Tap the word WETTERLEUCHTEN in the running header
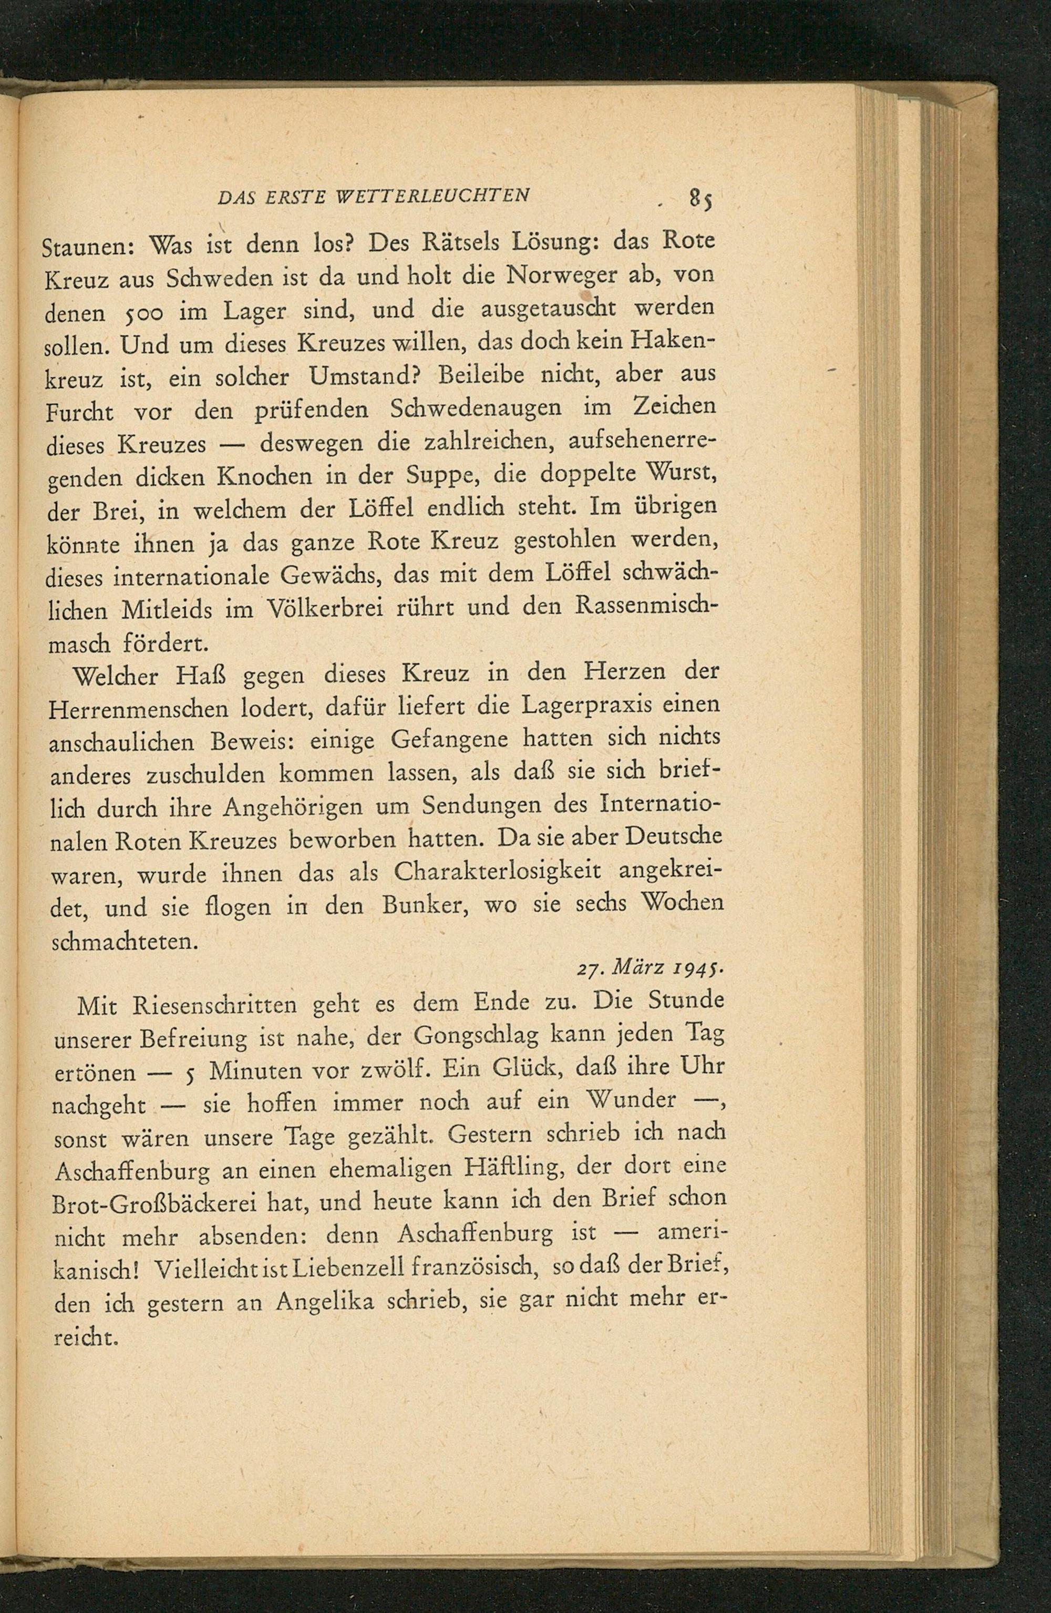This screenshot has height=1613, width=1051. [x=433, y=196]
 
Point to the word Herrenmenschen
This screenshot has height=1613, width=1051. [x=139, y=709]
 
